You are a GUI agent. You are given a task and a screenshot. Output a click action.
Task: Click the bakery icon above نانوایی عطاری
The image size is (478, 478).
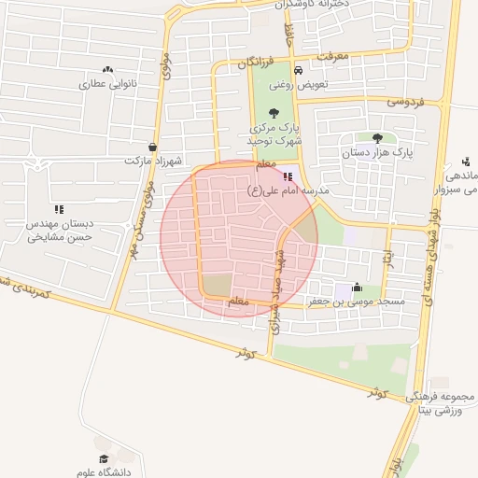point(108,69)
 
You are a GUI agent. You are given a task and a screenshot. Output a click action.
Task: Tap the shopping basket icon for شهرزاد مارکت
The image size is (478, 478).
point(152,147)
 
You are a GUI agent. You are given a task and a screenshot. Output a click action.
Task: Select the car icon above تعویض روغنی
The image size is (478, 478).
point(297,71)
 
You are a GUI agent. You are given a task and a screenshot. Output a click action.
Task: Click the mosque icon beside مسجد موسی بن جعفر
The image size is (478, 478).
point(357,288)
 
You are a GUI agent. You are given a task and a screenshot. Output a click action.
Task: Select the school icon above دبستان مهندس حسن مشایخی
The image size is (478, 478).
point(59,209)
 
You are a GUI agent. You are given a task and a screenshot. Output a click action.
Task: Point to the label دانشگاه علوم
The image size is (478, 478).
point(104,472)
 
